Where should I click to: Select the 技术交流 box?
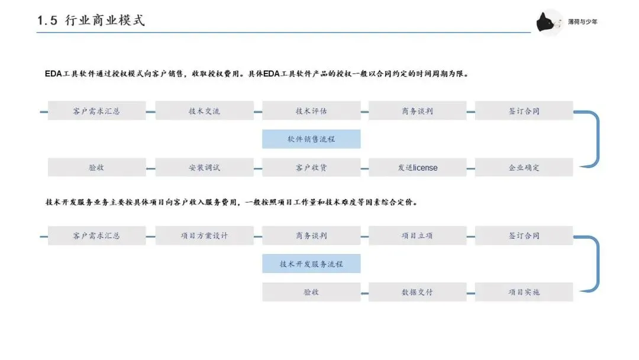point(204,111)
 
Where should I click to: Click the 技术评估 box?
point(311,111)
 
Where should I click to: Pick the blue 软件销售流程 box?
point(311,139)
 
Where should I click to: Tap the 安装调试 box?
point(204,168)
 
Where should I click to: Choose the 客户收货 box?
point(311,168)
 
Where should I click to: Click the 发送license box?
point(418,168)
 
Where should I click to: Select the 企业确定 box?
point(524,168)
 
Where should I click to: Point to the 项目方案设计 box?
point(204,236)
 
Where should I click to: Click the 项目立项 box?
point(418,236)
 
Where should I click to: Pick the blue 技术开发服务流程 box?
point(311,264)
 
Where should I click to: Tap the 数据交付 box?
point(418,292)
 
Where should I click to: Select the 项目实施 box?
point(524,292)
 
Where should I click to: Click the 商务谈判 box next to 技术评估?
point(418,111)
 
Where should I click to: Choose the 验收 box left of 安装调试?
point(96,168)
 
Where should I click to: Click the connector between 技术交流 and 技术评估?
point(258,111)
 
